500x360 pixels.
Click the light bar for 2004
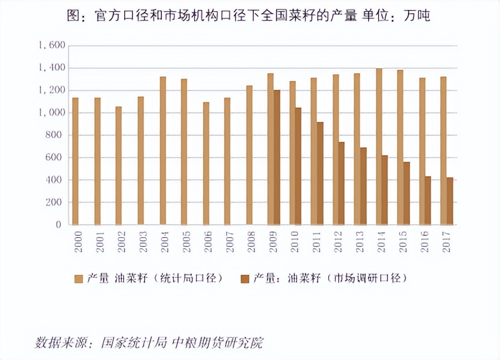(163, 151)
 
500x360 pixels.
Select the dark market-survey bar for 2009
(277, 157)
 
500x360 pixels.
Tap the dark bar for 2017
(450, 201)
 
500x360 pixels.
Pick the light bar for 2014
(379, 147)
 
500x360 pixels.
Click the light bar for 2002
(119, 166)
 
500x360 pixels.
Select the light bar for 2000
(75, 161)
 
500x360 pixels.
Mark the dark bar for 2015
(406, 193)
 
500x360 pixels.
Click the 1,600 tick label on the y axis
(52, 45)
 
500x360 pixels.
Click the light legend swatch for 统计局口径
(78, 278)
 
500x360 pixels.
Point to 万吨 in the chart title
(417, 16)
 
